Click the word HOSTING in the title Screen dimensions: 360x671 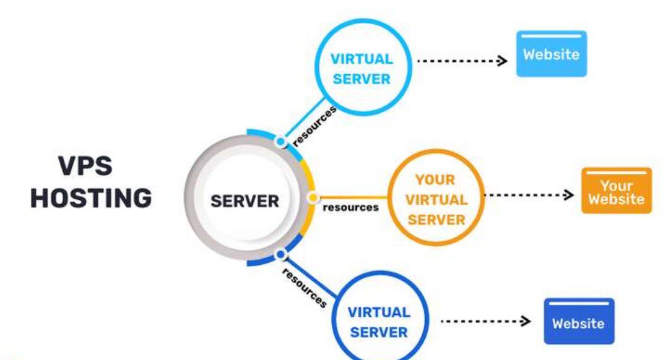(91, 199)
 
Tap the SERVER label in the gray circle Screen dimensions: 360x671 (245, 201)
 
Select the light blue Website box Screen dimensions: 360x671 (551, 54)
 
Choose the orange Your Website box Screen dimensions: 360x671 (616, 191)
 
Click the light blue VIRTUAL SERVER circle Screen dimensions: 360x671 (361, 69)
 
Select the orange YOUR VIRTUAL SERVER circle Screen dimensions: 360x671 (435, 199)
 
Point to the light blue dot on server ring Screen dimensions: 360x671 (280, 142)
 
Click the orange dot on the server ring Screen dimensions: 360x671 (313, 198)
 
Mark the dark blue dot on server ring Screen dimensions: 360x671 (280, 254)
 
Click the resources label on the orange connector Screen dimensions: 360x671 (350, 207)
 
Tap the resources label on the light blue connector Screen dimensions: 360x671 (314, 126)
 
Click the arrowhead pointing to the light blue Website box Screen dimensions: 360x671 (503, 61)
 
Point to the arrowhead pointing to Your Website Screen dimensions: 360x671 (569, 195)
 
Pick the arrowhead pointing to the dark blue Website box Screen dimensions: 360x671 (526, 321)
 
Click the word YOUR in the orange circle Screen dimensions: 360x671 (435, 180)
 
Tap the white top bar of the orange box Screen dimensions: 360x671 (616, 173)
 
